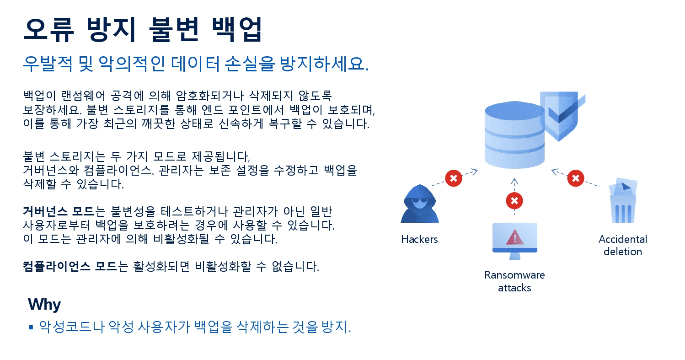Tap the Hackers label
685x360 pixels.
coord(419,239)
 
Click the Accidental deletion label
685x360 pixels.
coord(622,245)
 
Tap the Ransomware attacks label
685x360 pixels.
coord(514,281)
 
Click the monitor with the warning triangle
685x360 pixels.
coord(514,240)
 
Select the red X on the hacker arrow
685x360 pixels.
coord(453,178)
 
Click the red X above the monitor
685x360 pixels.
coord(514,200)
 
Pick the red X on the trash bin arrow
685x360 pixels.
coord(576,178)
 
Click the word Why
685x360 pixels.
coord(44,304)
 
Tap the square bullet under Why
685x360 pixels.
coord(31,327)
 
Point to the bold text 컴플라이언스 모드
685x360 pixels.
coord(70,266)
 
